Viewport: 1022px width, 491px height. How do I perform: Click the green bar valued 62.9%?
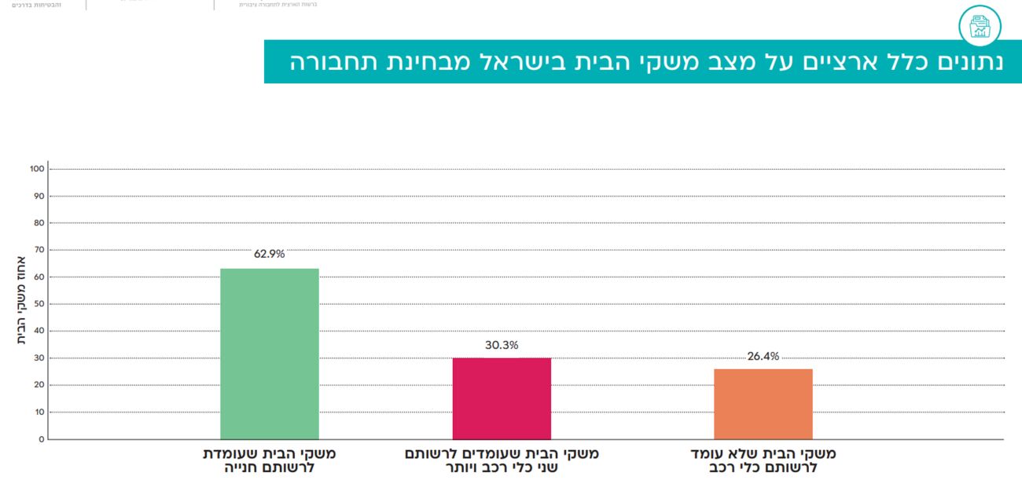(269, 354)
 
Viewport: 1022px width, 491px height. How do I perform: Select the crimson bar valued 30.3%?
(502, 398)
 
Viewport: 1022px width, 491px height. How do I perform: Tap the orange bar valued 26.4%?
(763, 404)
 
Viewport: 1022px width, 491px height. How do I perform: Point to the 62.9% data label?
(269, 255)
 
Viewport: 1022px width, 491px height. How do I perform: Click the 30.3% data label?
(502, 345)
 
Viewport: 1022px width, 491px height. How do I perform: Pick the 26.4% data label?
(763, 356)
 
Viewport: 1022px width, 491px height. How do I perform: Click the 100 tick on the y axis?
(36, 169)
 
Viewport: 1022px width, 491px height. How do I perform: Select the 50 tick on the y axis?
(39, 304)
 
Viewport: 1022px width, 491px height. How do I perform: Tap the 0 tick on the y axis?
(41, 439)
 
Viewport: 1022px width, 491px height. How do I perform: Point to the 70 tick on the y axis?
(39, 250)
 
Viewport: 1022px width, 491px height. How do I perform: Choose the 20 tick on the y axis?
(39, 385)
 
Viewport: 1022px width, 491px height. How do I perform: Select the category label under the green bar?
(269, 461)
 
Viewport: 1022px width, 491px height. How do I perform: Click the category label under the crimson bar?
(502, 461)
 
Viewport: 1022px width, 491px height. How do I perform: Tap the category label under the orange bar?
(763, 461)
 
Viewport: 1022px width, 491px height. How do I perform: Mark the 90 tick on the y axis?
(39, 196)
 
